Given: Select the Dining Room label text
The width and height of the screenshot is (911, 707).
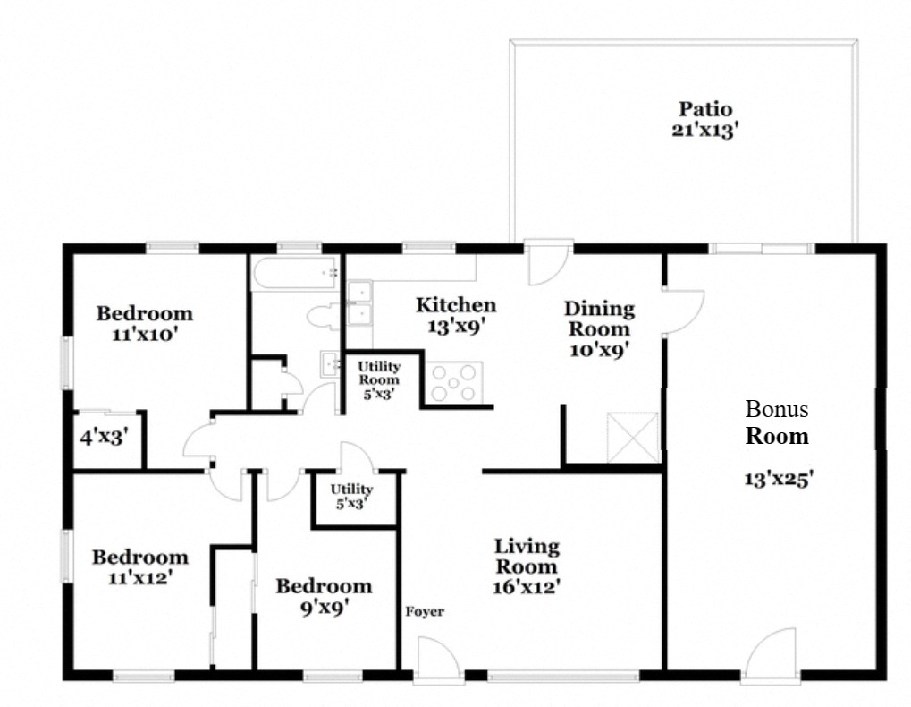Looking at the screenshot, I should click(599, 328).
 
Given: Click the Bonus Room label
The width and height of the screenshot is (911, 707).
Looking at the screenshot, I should click(777, 423).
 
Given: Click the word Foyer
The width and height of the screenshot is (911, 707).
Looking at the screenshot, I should click(425, 612).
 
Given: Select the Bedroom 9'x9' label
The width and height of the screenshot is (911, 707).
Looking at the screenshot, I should click(323, 596).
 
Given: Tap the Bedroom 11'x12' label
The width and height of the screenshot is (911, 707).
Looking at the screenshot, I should click(139, 567).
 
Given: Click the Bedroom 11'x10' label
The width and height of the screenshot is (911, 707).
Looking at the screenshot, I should click(144, 323).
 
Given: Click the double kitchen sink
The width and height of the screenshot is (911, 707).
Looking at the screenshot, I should click(359, 302).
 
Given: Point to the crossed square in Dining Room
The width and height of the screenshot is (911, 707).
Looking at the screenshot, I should click(633, 438).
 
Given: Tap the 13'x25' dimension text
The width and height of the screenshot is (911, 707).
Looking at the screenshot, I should click(778, 478).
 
